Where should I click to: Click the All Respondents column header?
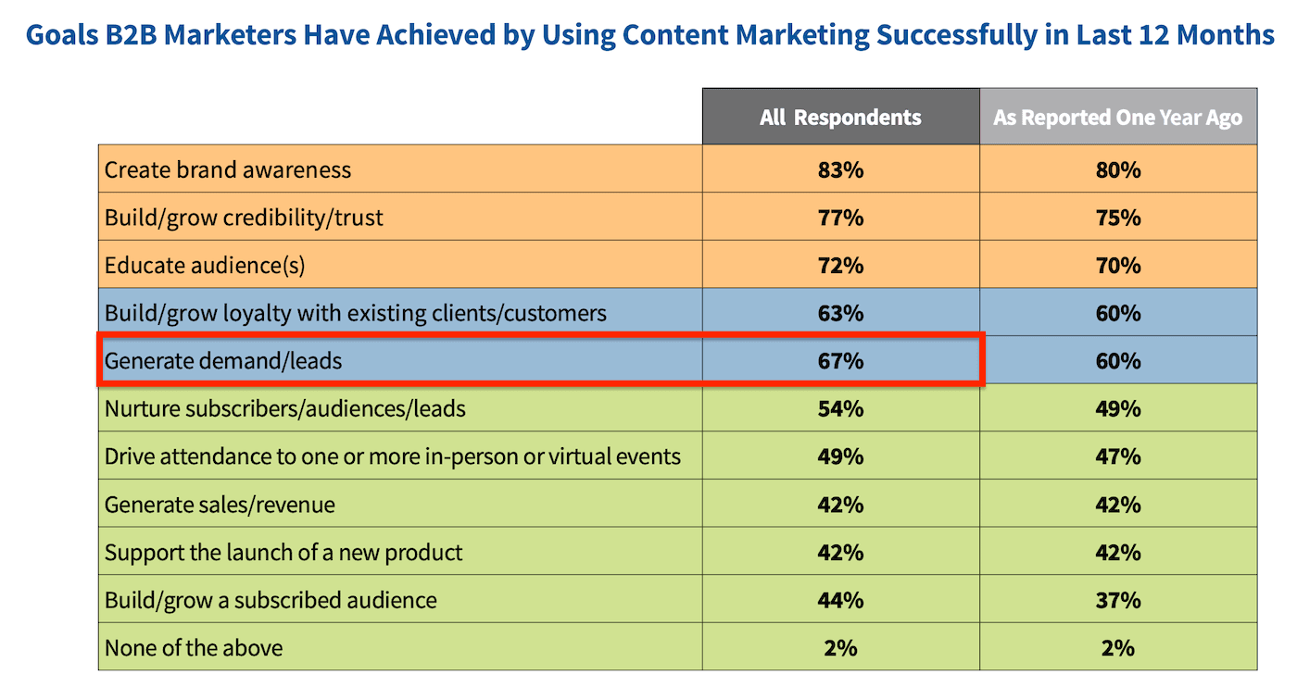click(840, 118)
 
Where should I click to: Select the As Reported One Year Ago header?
click(1117, 118)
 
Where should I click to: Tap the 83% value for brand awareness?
click(840, 170)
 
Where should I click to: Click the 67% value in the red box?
click(840, 361)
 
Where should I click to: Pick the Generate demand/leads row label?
click(223, 361)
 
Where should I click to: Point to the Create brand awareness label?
click(228, 170)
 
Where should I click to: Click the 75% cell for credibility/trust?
click(1117, 218)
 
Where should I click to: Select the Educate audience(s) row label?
click(205, 266)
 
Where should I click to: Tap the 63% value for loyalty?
click(840, 313)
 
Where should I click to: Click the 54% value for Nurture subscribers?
click(840, 408)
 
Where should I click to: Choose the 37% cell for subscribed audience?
click(1117, 600)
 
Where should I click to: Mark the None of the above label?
click(194, 647)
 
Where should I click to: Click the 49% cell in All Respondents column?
click(840, 456)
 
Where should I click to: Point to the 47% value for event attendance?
click(1117, 456)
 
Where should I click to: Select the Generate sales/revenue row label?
click(220, 505)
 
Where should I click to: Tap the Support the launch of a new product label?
click(283, 553)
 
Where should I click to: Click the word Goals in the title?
click(63, 35)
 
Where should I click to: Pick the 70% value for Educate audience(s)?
click(1117, 266)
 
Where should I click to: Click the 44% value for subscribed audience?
click(840, 600)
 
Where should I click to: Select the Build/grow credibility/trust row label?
click(244, 218)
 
